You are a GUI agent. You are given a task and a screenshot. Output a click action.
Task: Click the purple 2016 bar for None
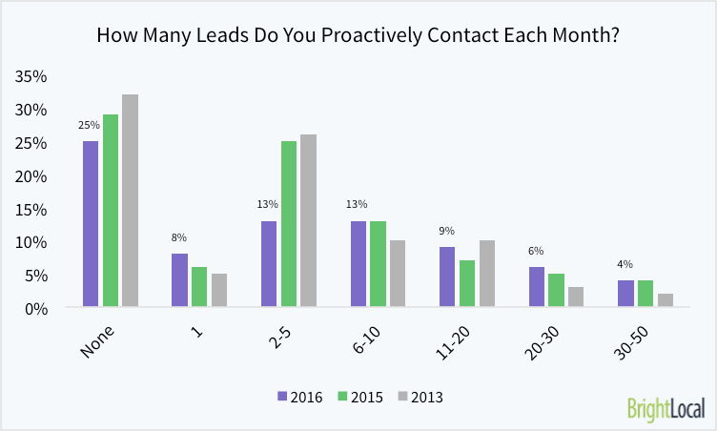[x=91, y=224]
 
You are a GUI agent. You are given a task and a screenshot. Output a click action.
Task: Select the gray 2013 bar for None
[x=131, y=200]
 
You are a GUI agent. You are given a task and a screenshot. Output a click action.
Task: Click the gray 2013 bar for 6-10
[x=398, y=274]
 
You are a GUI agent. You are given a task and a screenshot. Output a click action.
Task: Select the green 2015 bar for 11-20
[x=467, y=283]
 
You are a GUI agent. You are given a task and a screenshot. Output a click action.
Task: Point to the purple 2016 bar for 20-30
[x=536, y=287]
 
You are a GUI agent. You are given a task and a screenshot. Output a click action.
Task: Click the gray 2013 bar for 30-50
[x=666, y=300]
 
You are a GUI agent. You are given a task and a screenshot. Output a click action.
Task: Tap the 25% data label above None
[x=90, y=125]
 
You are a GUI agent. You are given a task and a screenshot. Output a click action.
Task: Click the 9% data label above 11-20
[x=447, y=231]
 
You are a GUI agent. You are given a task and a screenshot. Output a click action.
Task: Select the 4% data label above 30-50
[x=625, y=264]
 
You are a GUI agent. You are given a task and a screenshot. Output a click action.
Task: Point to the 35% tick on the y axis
[x=34, y=76]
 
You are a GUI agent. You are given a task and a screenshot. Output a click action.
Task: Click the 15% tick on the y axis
[x=34, y=209]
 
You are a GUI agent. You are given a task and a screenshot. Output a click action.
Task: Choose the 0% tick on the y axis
[x=38, y=308]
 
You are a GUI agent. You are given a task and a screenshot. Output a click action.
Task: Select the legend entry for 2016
[x=301, y=396]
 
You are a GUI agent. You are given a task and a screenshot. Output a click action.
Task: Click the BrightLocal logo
[x=666, y=408]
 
